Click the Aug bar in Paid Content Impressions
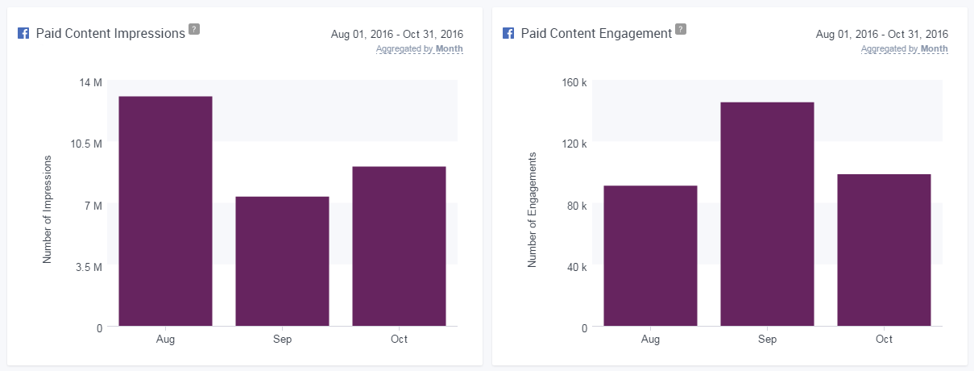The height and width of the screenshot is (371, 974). [x=165, y=211]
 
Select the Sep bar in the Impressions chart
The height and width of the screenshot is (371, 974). [x=282, y=261]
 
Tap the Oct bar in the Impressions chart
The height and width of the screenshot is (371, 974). [x=399, y=246]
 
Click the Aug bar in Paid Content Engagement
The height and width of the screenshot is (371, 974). [x=650, y=256]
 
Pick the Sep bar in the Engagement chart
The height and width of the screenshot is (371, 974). [x=767, y=214]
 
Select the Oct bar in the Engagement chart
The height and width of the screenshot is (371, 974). [x=884, y=250]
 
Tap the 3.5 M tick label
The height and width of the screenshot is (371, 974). [x=89, y=266]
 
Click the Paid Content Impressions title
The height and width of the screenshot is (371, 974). [x=110, y=34]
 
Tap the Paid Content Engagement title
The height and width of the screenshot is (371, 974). [x=596, y=34]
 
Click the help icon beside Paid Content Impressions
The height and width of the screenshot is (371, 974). [x=193, y=30]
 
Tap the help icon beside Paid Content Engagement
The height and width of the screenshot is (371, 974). [x=681, y=30]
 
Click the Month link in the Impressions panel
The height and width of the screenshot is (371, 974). [x=450, y=49]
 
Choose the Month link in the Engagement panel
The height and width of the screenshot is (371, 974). [x=935, y=49]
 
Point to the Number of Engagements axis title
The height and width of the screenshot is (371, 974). [x=533, y=210]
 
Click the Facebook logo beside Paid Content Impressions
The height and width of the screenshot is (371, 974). [x=23, y=34]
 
